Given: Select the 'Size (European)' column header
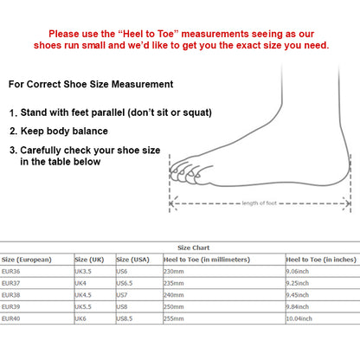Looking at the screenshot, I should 27,259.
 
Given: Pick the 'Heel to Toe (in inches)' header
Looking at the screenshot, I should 320,259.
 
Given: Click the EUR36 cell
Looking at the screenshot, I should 11,271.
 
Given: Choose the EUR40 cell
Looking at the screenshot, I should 11,319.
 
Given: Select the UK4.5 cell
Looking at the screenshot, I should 85,295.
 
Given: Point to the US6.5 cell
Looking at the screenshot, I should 126,283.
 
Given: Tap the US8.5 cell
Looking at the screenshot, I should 126,319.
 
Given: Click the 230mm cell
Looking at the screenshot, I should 175,271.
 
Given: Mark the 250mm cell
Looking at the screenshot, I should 175,307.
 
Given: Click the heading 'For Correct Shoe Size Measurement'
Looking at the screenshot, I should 91,85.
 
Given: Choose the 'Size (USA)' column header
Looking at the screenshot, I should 134,259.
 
